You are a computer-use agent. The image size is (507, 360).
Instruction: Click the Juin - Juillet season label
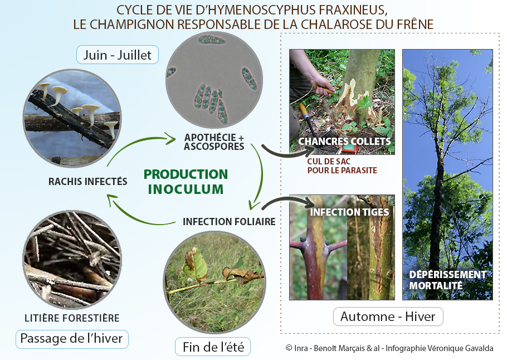click(118, 55)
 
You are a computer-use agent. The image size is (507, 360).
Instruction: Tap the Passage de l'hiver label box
click(72, 339)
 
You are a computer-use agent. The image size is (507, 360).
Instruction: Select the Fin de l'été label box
click(213, 347)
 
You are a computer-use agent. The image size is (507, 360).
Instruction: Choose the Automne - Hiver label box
click(388, 317)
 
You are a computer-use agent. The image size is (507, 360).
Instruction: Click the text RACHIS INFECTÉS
click(87, 182)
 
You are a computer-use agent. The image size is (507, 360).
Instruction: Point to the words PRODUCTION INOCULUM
click(186, 182)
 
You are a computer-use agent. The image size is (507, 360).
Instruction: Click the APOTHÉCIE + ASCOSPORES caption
click(214, 142)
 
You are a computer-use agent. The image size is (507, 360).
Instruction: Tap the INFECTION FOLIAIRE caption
click(229, 222)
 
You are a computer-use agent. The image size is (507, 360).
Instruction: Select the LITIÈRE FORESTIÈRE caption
click(72, 318)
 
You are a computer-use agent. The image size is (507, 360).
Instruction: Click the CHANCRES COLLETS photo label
click(344, 142)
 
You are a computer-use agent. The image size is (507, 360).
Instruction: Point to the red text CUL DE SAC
click(329, 162)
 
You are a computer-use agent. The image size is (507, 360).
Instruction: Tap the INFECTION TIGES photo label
click(349, 212)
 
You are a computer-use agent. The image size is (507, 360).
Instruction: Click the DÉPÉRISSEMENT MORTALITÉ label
click(448, 280)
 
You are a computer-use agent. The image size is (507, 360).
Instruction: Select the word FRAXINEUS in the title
click(353, 10)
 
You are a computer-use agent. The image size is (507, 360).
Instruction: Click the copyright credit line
click(389, 348)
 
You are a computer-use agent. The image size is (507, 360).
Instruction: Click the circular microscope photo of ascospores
click(214, 80)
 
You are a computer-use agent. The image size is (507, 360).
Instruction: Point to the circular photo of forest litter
click(72, 260)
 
